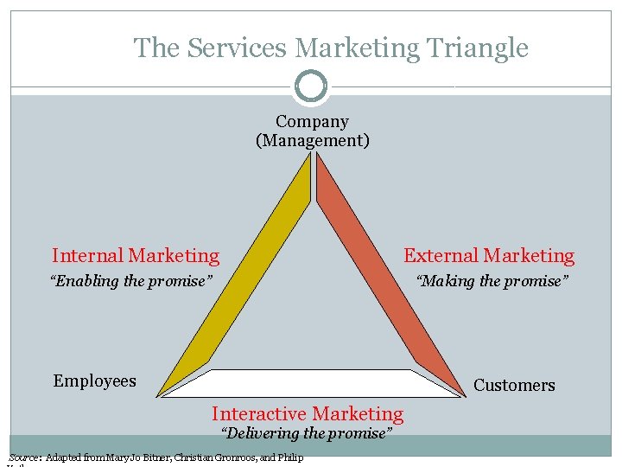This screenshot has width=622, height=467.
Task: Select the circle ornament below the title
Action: pos(311,86)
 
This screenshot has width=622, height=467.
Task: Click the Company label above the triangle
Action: pos(312,122)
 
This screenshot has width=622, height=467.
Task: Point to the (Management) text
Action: pos(312,140)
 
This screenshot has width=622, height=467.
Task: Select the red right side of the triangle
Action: pos(389,277)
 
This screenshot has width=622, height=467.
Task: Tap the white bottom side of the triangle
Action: pos(311,383)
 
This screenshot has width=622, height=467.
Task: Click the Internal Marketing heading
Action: pos(136,255)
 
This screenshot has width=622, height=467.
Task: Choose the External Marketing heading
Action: pos(489,255)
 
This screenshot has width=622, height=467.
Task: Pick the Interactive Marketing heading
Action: pos(308,414)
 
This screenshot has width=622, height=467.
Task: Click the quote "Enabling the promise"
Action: pos(131,281)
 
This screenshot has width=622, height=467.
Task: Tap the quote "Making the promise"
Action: pos(492,281)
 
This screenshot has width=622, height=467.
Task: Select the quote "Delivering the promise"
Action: pos(307,433)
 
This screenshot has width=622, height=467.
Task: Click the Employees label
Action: pos(94,381)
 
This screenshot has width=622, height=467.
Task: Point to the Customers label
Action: pos(514,385)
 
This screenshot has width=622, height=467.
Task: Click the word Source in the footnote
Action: pos(23,457)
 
